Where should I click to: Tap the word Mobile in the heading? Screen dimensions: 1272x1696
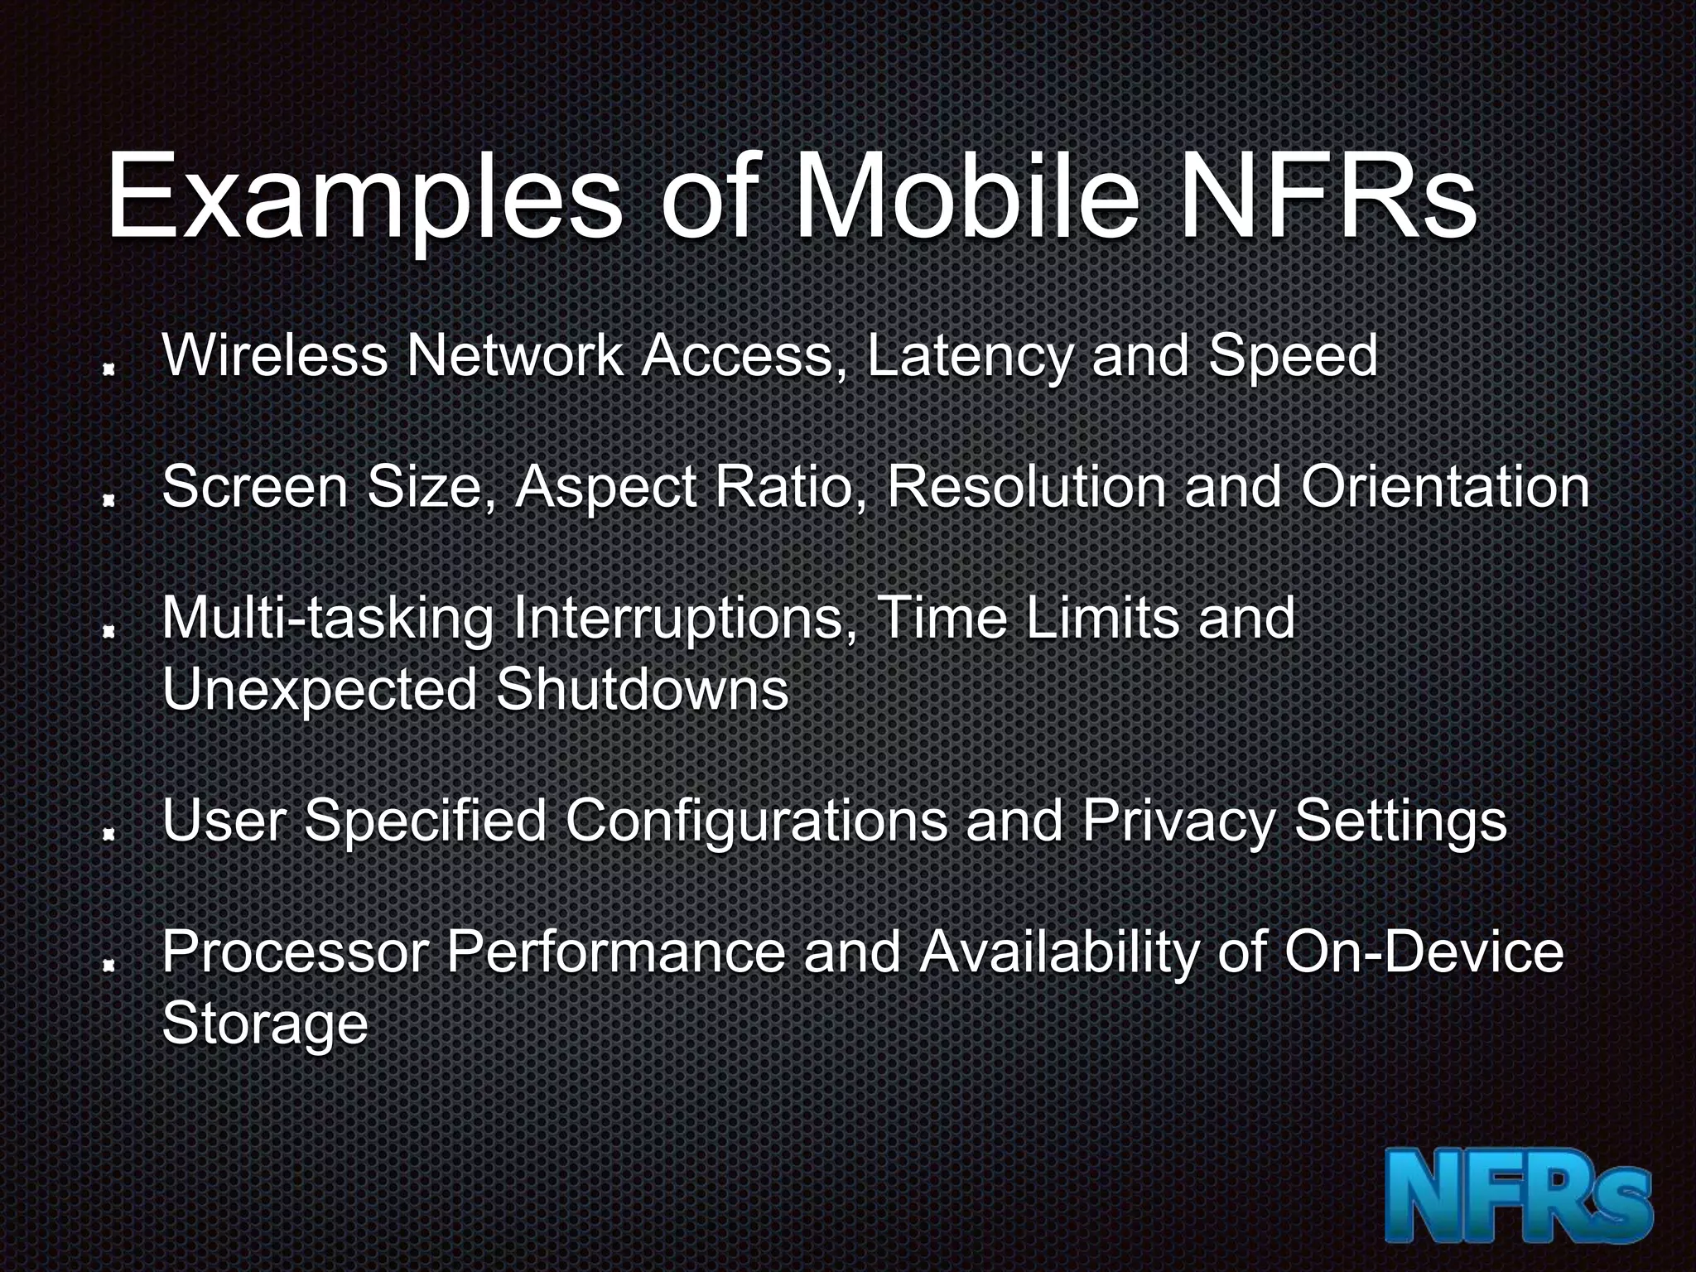pyautogui.click(x=966, y=199)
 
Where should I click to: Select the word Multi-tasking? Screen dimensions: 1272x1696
pyautogui.click(x=328, y=619)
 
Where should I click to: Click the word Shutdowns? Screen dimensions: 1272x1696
pyautogui.click(x=642, y=689)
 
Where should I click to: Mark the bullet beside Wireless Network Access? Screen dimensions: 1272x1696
pyautogui.click(x=108, y=373)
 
